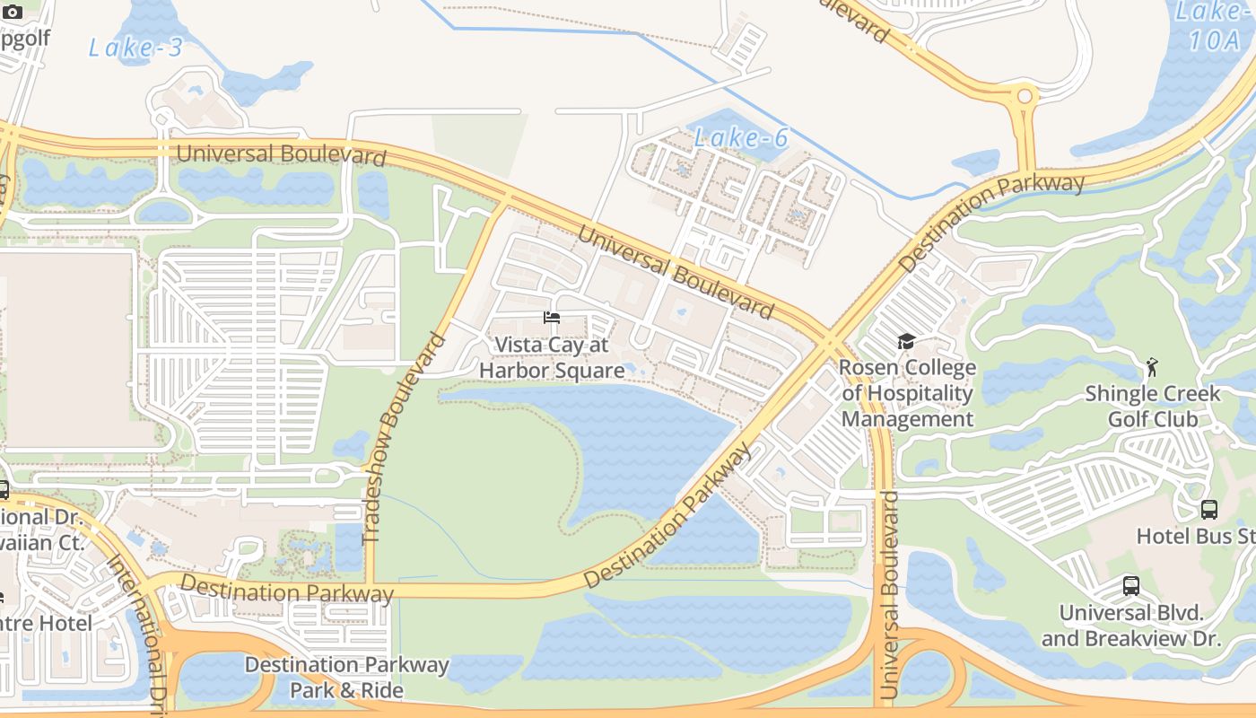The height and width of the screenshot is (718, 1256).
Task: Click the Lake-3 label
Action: [135, 48]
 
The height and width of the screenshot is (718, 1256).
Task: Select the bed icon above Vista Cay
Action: [552, 318]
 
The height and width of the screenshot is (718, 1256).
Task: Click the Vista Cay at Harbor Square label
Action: [552, 357]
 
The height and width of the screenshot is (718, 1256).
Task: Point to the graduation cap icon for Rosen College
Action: [906, 342]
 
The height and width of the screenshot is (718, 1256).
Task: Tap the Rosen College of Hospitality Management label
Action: [907, 393]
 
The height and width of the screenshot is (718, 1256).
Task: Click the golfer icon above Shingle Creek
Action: [1152, 366]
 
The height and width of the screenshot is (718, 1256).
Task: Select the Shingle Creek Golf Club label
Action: [1153, 406]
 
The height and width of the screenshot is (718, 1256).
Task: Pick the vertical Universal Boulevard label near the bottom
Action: [889, 594]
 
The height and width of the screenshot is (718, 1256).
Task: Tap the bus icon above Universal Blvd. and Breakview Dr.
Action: [1131, 586]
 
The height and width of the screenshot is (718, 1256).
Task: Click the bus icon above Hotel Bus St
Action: [1209, 510]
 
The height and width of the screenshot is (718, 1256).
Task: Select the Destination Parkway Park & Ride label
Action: [346, 677]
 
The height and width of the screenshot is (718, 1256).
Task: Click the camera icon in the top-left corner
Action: [13, 11]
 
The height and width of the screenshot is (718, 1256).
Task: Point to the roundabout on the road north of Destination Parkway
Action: [1024, 95]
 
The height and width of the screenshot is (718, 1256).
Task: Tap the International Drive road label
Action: [139, 628]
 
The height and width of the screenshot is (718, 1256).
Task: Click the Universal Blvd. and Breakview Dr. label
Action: [1131, 626]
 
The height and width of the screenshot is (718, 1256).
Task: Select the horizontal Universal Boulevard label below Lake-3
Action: [281, 154]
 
